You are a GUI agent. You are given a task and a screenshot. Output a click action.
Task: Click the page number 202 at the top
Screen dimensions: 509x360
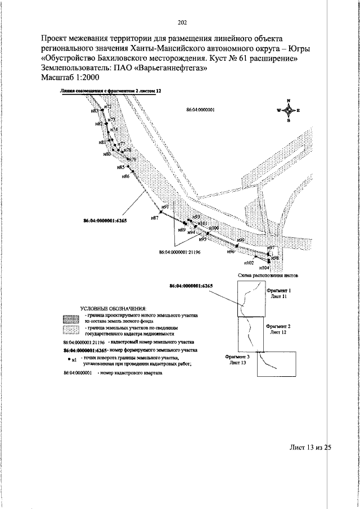click(x=182, y=23)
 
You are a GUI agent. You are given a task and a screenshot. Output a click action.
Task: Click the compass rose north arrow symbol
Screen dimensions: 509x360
click(x=288, y=111)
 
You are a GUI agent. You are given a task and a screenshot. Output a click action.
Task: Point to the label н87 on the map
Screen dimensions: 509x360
click(x=155, y=218)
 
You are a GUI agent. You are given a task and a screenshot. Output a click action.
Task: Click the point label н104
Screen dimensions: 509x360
click(x=265, y=269)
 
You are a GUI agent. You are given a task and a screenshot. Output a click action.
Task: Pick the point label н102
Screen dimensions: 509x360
click(x=249, y=263)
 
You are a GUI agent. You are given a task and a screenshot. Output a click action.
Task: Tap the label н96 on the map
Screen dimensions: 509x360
click(x=231, y=252)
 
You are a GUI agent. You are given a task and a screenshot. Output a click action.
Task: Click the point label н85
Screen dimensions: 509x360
click(x=121, y=168)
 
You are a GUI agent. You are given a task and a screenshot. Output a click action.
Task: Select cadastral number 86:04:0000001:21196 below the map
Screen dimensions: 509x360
click(x=180, y=253)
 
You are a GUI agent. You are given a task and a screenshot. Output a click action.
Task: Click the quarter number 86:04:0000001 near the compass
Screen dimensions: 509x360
click(x=201, y=111)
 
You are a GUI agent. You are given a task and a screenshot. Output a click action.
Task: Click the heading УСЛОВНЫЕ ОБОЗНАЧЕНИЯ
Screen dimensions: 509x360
click(x=113, y=309)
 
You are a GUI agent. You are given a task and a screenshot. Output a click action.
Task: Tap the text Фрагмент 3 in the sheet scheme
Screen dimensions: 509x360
click(x=237, y=357)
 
